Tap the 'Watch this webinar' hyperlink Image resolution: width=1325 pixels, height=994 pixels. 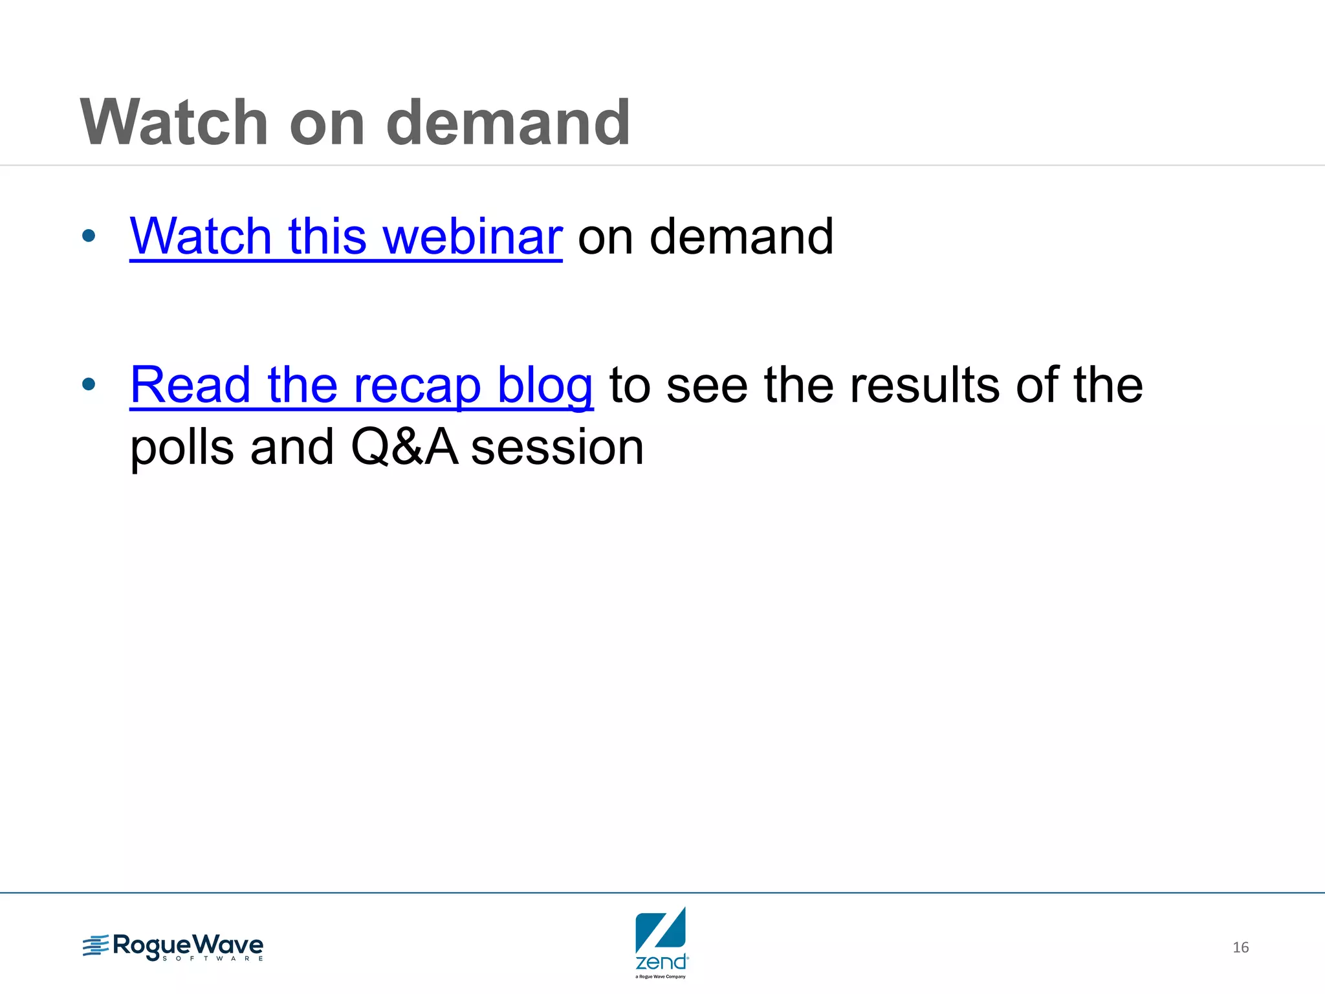coord(345,237)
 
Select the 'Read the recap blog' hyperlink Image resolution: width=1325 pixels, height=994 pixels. coord(361,386)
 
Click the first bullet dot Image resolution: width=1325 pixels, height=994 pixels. coord(89,236)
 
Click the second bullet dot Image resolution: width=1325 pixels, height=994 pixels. coord(89,384)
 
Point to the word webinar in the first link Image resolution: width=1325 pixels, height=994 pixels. coord(473,237)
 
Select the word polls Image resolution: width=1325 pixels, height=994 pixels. coord(182,448)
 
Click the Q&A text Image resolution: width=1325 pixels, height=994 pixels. coord(404,448)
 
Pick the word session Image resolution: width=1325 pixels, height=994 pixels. coord(557,448)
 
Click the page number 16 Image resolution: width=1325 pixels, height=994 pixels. coord(1240,947)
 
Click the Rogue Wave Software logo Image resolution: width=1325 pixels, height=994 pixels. coord(173,947)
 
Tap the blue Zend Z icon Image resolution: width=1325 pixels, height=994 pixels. coord(661,929)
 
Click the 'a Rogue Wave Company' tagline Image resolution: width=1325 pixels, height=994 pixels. coord(661,977)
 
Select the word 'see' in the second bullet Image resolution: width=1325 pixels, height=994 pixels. coord(706,386)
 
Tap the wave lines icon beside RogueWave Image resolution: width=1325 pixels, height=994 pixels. coord(95,946)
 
